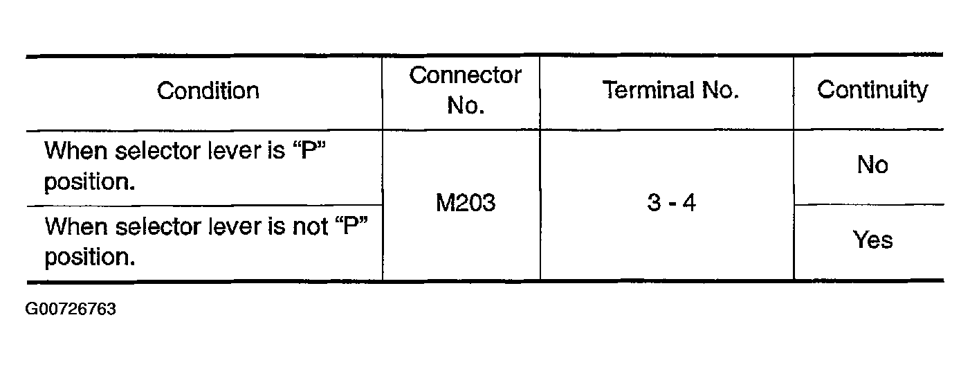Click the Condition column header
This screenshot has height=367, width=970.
(208, 91)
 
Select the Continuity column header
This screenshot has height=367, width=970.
(872, 91)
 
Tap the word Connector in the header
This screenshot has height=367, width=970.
(465, 75)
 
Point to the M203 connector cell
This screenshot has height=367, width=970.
(465, 204)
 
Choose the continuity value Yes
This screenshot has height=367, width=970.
(872, 240)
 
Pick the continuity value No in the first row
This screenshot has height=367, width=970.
(872, 165)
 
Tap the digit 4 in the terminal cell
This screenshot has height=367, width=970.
(688, 204)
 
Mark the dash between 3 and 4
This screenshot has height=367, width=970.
(671, 205)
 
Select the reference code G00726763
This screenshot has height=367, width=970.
(71, 309)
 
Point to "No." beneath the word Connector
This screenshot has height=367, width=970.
(465, 106)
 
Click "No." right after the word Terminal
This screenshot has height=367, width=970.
(717, 91)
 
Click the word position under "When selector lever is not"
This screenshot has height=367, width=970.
(89, 258)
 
